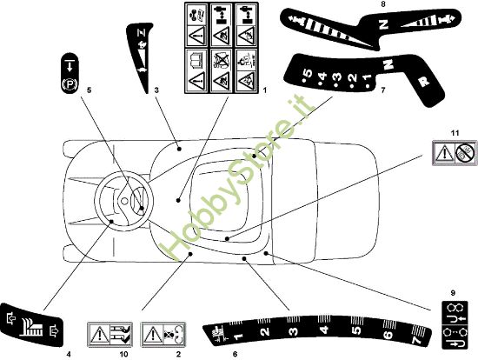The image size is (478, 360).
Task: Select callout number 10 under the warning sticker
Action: [x=123, y=355]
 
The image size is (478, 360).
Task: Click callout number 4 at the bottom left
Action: [x=68, y=353]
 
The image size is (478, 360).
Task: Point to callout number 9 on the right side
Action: [x=452, y=292]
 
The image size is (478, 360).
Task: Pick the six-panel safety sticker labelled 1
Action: [x=222, y=48]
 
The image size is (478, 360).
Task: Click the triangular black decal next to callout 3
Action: [x=141, y=57]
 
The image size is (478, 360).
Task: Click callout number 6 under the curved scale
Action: [x=234, y=355]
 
